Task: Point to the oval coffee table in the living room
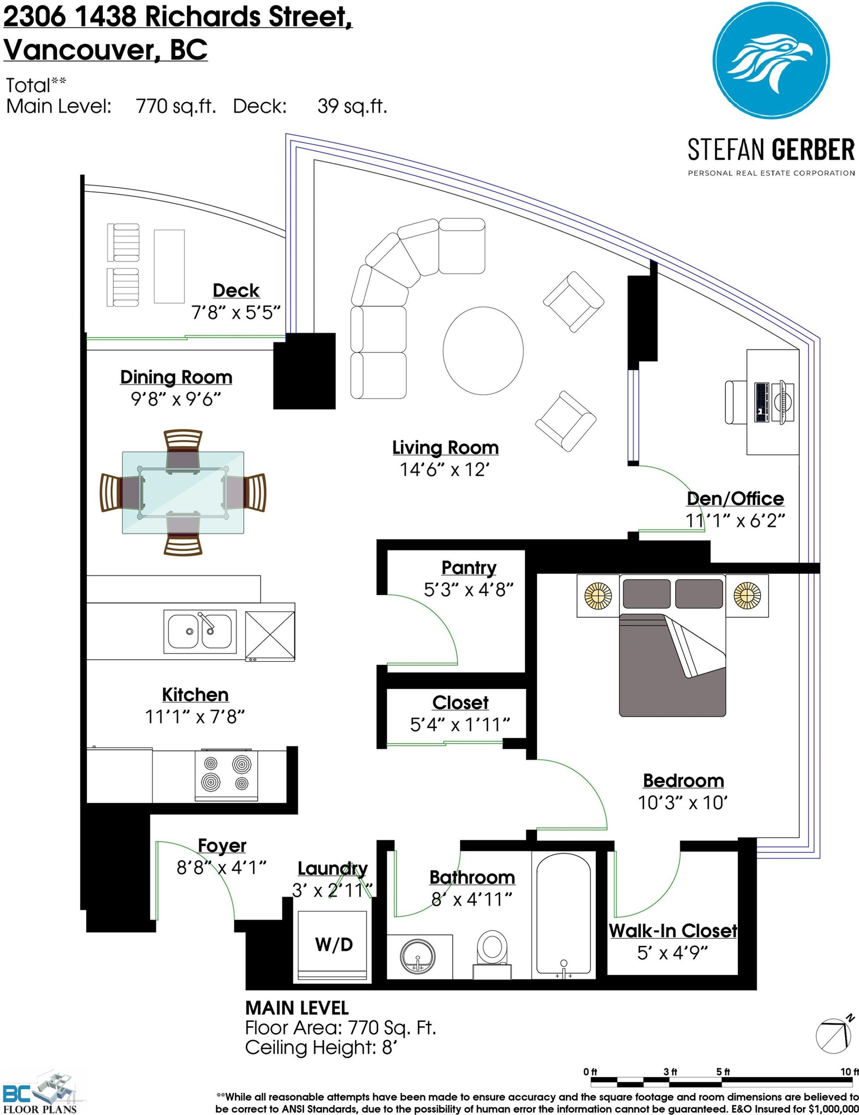click(x=483, y=350)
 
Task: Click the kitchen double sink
click(x=200, y=631)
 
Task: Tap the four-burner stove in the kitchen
click(x=226, y=775)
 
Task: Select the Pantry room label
click(x=468, y=567)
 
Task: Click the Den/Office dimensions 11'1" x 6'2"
click(x=735, y=521)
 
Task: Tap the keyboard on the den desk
click(x=761, y=402)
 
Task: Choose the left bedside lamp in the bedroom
click(x=598, y=595)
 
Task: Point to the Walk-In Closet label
click(x=673, y=931)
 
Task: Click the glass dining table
click(x=183, y=493)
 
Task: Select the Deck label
click(x=236, y=290)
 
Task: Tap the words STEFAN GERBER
click(x=771, y=149)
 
